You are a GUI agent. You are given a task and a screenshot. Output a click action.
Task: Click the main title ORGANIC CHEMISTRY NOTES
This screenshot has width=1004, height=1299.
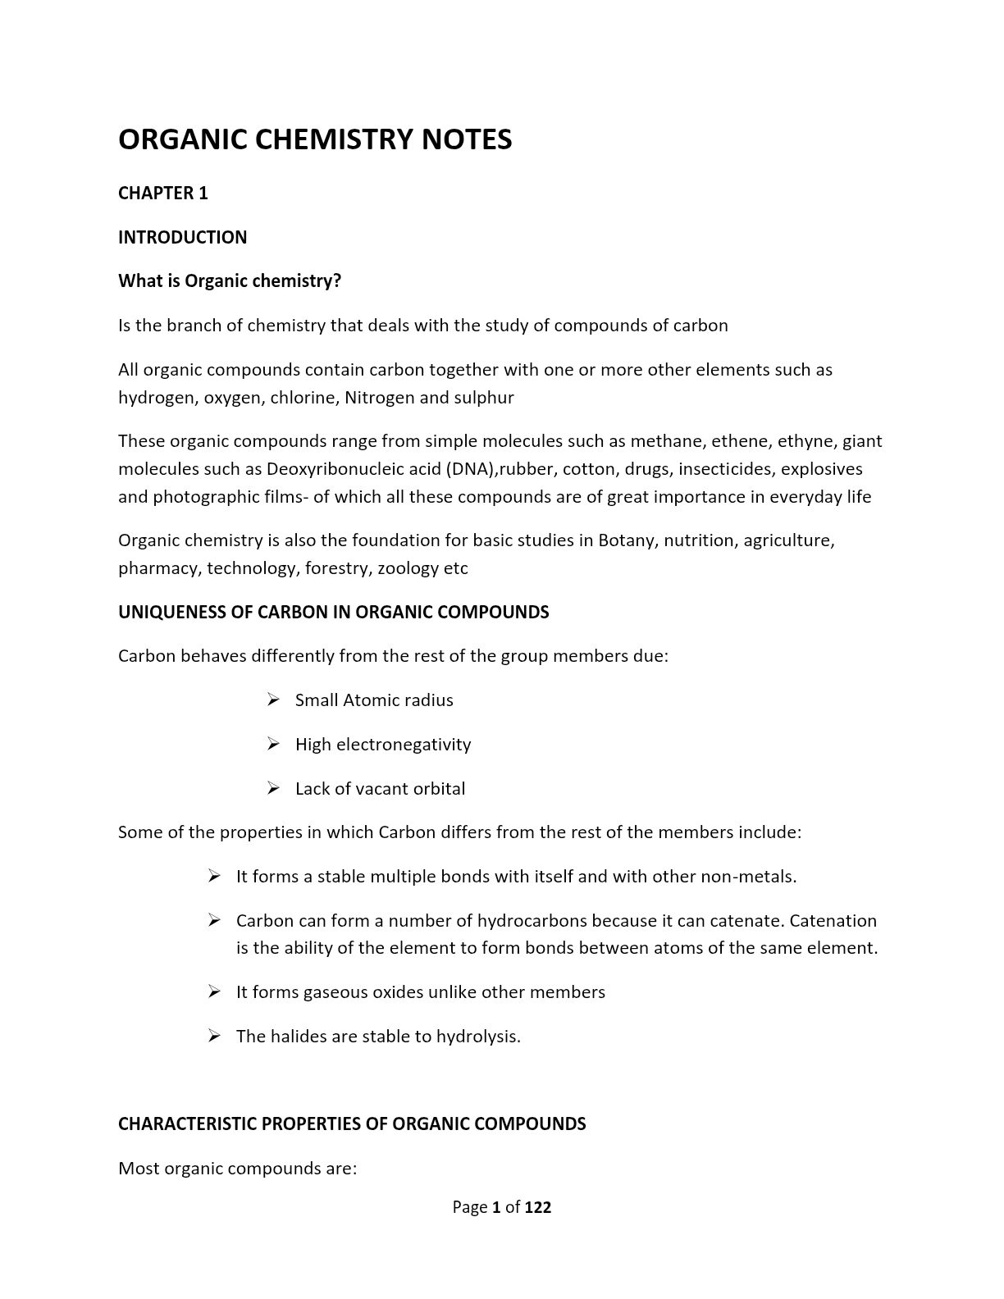[x=315, y=139]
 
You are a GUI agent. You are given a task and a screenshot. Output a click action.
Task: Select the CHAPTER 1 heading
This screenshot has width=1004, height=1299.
[x=163, y=194]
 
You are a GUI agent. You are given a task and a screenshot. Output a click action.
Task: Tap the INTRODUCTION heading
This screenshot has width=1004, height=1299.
[x=182, y=238]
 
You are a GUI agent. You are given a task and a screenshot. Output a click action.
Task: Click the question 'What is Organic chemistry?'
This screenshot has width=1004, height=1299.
[x=230, y=281]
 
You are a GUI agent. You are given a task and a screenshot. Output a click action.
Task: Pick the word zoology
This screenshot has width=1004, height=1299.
[x=408, y=568]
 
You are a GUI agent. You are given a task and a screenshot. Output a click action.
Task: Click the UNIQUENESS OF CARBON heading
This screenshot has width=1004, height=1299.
[x=333, y=613]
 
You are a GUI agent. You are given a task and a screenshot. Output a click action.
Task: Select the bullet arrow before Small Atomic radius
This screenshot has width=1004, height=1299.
[x=273, y=700]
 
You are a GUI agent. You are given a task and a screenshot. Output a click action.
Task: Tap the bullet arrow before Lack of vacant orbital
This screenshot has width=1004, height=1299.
[x=273, y=788]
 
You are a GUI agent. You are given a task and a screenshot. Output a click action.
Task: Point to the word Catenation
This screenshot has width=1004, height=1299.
[x=833, y=921]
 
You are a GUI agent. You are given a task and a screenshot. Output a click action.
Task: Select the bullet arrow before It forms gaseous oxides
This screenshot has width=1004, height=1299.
[x=214, y=992]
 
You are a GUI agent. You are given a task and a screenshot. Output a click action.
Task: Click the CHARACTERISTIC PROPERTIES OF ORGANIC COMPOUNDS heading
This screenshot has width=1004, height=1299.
[x=352, y=1124]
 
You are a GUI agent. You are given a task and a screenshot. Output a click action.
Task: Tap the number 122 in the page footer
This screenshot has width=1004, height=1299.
[x=538, y=1207]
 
